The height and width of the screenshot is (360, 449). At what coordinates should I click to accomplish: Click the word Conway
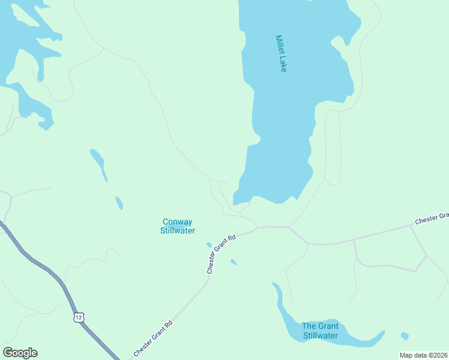point(178,221)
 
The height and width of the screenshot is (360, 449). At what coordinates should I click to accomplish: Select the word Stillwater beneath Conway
point(178,230)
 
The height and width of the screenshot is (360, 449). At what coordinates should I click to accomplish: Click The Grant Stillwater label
point(320,331)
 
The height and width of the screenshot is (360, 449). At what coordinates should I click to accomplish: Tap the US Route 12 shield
point(79,317)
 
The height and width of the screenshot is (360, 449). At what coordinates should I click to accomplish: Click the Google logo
point(20,353)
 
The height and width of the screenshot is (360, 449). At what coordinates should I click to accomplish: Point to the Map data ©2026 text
point(423,355)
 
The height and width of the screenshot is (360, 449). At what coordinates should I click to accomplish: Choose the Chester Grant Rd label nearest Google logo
point(153,339)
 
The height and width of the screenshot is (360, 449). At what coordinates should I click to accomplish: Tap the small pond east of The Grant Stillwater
point(405,336)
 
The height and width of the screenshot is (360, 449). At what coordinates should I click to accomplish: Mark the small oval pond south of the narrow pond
point(119,203)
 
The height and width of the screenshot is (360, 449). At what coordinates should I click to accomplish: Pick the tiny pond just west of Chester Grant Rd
point(209,245)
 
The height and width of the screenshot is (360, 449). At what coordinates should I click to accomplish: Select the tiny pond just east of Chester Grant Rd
point(234,262)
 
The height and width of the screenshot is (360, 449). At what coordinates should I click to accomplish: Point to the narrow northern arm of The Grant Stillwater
point(280,300)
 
